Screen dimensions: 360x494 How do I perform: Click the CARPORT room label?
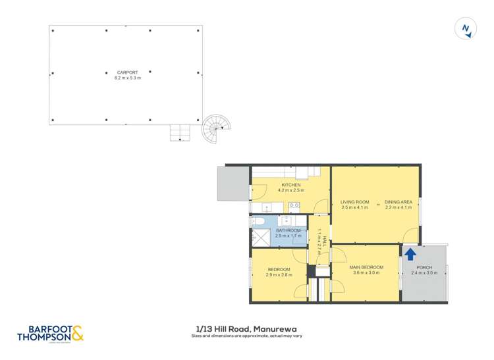127,72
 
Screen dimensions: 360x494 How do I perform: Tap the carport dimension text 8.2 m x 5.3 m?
127,78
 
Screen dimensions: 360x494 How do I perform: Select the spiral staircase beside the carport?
217,129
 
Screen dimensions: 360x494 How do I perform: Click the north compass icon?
466,28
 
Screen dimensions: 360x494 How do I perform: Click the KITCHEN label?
290,185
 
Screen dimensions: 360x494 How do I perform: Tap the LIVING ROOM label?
354,201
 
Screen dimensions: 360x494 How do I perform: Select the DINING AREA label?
398,201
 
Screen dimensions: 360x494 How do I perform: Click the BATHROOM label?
288,230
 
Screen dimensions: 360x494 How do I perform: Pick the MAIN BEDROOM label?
366,267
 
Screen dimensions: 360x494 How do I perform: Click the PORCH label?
424,267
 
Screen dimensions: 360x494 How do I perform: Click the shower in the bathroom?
261,238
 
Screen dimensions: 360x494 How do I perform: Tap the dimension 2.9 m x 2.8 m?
279,274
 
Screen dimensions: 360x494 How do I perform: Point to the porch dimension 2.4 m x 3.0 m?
424,272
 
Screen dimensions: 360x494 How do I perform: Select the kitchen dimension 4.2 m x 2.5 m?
290,191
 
